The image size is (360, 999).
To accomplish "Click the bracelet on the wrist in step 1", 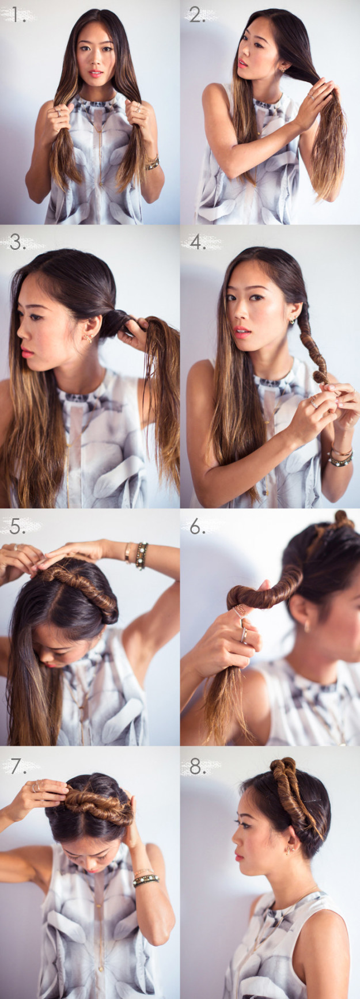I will (x=153, y=164).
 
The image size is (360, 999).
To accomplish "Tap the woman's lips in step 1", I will (x=96, y=74).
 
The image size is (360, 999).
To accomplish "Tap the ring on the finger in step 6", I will (x=244, y=635).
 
